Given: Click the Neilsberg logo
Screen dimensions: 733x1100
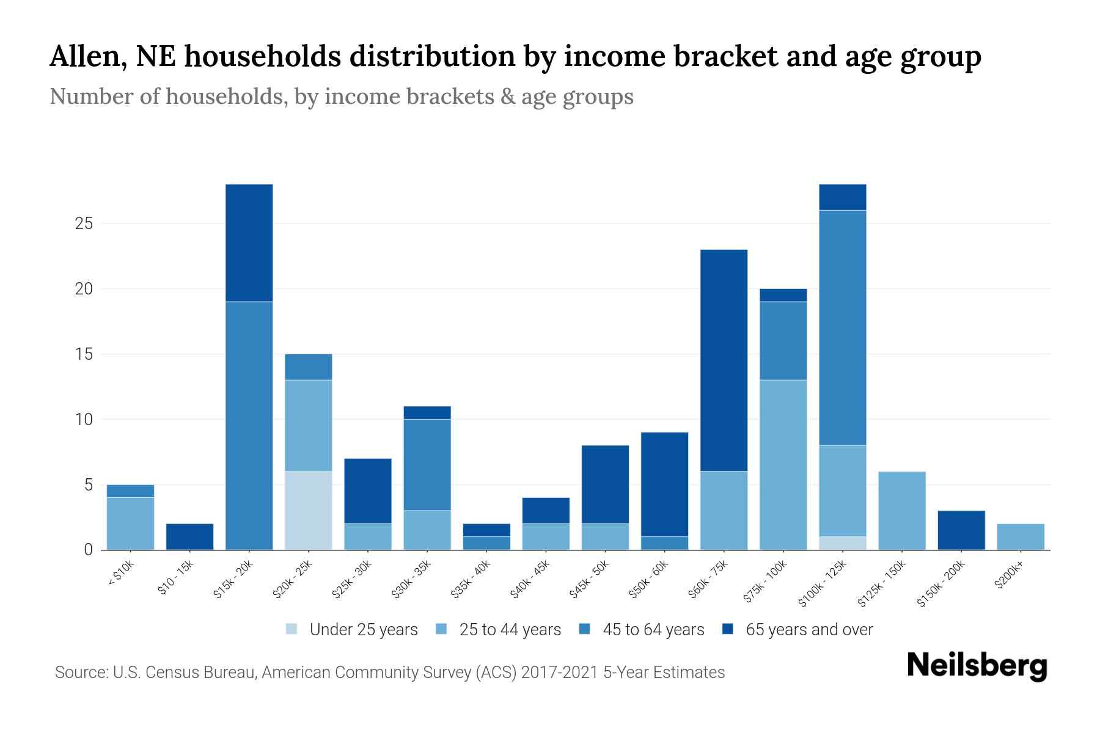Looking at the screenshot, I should [977, 666].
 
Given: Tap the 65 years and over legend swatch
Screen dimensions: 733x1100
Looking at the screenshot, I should [728, 630].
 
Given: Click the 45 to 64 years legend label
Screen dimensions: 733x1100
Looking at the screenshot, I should [653, 630].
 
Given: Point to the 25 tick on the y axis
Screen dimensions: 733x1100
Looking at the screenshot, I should [84, 224].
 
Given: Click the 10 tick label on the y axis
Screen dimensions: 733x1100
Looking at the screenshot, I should [84, 420].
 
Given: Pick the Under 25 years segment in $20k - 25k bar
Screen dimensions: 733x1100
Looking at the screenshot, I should [309, 511].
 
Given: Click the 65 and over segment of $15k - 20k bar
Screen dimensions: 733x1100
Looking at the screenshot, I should [249, 243].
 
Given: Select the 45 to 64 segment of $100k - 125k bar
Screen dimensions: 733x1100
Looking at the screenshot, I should [843, 327].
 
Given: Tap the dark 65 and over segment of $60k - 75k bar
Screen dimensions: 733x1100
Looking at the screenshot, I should [724, 360].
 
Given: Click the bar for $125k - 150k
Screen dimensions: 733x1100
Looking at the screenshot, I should [902, 511].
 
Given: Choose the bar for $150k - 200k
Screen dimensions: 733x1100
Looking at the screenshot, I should [961, 530].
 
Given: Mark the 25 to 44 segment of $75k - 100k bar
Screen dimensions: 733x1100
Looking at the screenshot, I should [783, 465].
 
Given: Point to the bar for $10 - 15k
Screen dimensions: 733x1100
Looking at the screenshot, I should [190, 537].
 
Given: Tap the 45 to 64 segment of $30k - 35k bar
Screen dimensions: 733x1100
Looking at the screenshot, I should [427, 465].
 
